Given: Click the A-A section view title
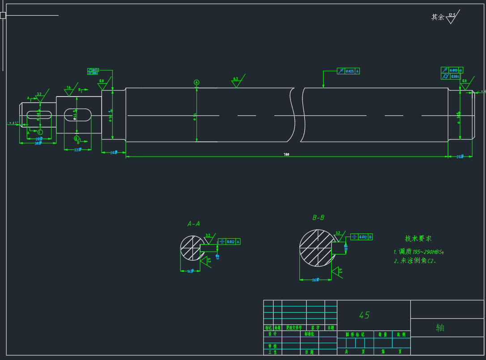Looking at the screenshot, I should (x=193, y=224).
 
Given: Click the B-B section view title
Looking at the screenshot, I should (x=318, y=218).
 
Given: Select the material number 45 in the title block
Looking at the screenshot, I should (x=364, y=315).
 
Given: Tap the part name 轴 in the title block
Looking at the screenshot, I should (x=440, y=328).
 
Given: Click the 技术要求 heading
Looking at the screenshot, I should (x=418, y=239).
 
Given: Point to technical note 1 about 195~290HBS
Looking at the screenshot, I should (x=419, y=252).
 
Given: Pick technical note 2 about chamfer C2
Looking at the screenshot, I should (x=415, y=261).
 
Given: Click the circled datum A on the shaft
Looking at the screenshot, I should (x=196, y=82).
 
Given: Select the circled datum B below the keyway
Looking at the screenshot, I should (x=76, y=138).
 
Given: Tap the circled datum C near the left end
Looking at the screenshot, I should (x=40, y=132).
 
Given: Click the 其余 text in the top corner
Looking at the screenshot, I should (x=437, y=17).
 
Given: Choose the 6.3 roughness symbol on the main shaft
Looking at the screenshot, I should (x=236, y=81).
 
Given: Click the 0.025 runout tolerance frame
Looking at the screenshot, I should (x=349, y=71).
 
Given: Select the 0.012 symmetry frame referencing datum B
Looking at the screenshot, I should (x=362, y=237).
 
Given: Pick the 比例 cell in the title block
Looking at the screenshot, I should (x=401, y=334).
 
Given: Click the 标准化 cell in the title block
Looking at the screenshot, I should (x=309, y=334).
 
